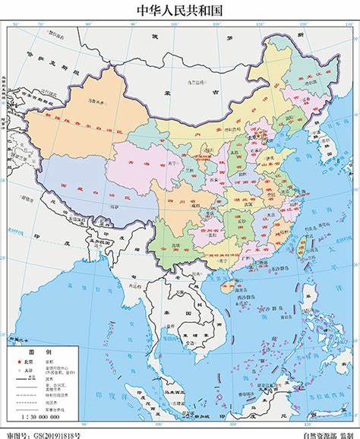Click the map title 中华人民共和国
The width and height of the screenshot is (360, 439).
coord(180,10)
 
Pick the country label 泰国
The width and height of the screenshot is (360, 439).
coord(170,311)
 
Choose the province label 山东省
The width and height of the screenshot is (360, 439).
coord(267,163)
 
